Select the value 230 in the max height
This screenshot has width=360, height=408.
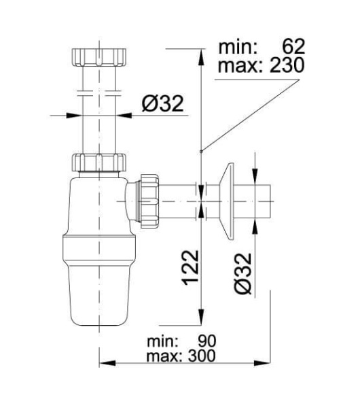coord(285,65)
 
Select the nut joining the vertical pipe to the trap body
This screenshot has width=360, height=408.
coord(99,164)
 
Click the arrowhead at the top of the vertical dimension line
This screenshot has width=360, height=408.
coord(200,54)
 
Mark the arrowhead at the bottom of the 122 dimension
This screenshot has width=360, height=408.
coord(200,320)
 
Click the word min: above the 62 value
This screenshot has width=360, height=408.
coord(236,46)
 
